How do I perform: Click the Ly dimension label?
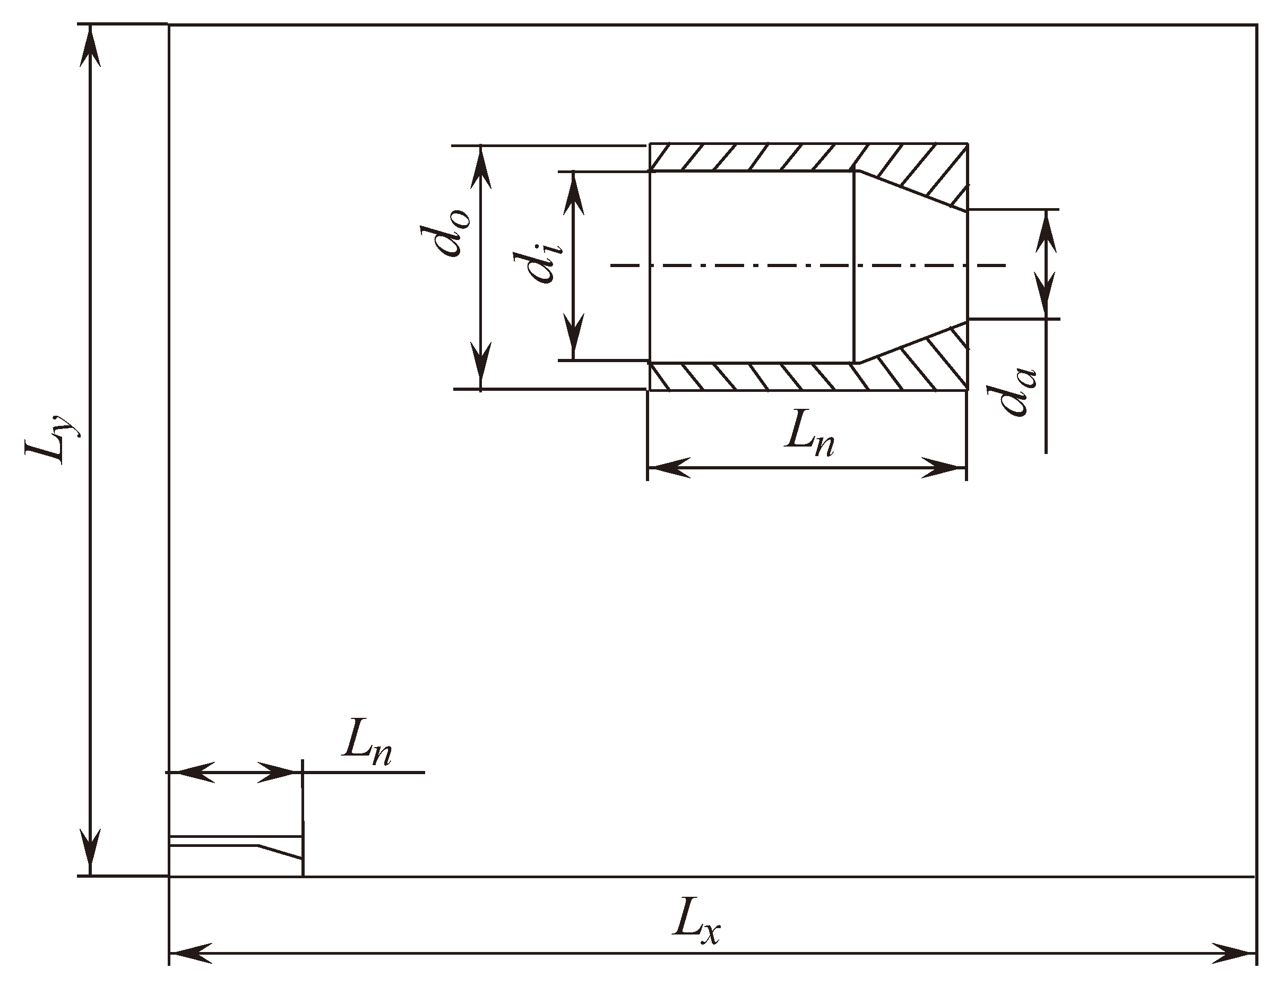pos(51,440)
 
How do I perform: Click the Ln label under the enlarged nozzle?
pos(809,436)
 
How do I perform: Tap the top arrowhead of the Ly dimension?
pos(90,47)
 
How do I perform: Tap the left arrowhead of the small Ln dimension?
pos(193,773)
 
